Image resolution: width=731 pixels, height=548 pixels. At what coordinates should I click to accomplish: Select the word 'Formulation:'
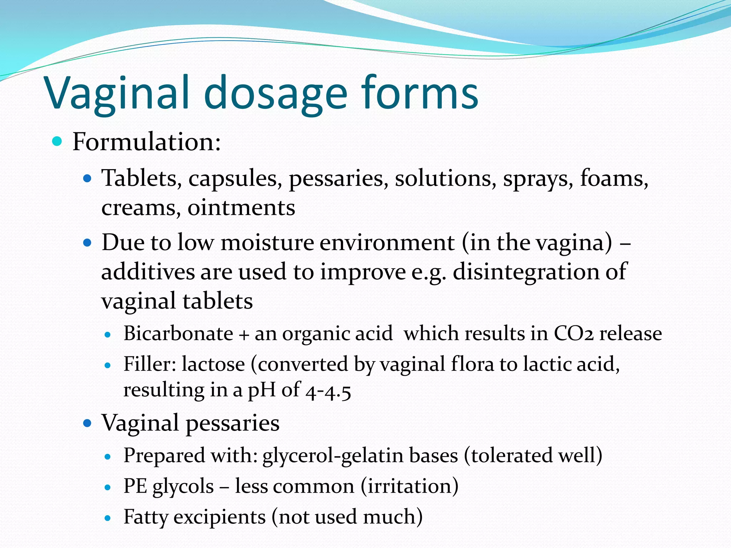[x=147, y=142]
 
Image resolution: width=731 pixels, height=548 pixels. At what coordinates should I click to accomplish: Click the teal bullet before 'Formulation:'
[x=57, y=142]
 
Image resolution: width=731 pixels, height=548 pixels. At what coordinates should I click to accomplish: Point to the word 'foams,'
[x=614, y=178]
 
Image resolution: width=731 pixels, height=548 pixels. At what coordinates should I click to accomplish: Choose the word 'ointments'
[x=241, y=208]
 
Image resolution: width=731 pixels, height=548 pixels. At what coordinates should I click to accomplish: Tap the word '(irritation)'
[x=409, y=486]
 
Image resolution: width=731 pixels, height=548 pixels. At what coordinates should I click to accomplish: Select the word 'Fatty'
[x=146, y=517]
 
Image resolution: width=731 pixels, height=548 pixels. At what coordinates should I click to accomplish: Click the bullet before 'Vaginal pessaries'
[x=87, y=423]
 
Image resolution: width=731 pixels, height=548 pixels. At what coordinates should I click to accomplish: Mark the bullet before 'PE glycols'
[x=108, y=487]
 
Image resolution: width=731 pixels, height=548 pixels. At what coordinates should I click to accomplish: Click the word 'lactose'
[x=213, y=364]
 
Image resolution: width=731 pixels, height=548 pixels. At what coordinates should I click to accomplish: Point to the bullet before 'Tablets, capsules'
[x=87, y=178]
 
